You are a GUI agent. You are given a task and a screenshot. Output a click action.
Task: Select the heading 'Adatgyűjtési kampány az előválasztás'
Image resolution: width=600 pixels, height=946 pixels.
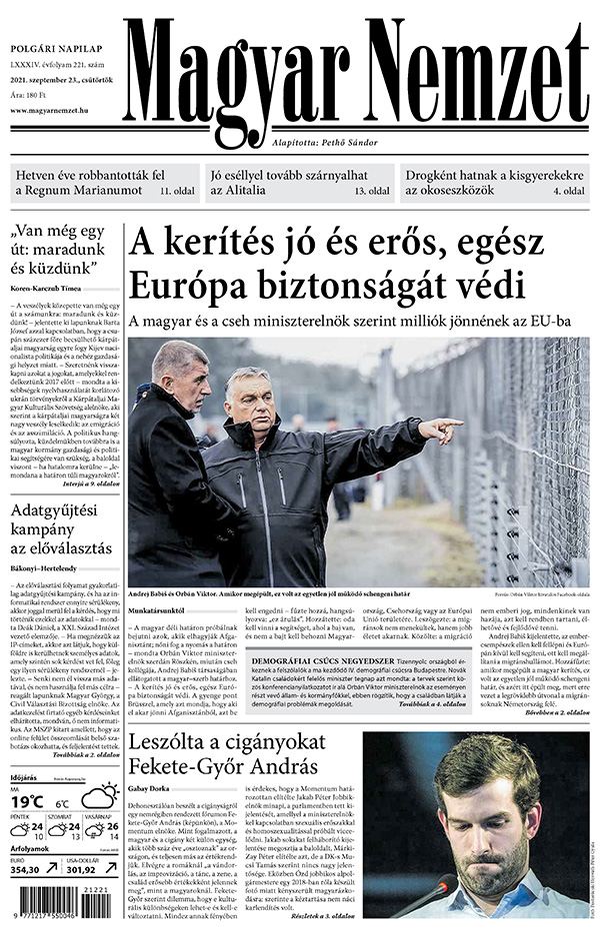pyautogui.click(x=62, y=532)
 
